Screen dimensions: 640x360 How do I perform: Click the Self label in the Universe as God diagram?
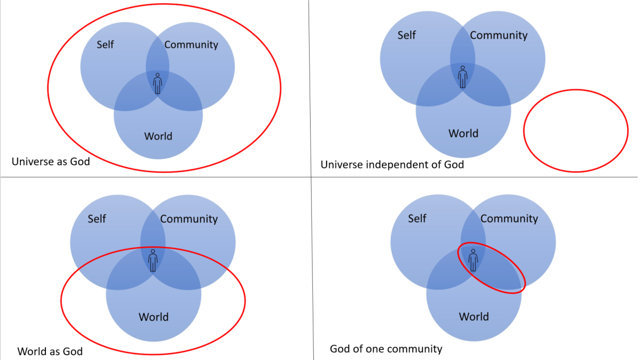point(105,44)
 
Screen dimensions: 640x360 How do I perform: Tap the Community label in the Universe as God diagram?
point(191,44)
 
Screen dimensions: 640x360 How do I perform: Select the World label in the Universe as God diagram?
point(158,136)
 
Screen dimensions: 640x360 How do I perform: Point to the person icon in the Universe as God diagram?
point(157,84)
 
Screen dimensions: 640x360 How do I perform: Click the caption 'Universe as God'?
point(51,161)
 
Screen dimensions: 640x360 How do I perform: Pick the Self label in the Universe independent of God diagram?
point(406,35)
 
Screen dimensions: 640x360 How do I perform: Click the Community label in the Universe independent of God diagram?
point(498,35)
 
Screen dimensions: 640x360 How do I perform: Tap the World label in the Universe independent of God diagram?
point(463,133)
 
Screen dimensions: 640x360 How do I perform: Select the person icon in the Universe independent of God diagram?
point(462,76)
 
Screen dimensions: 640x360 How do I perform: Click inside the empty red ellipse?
point(576,131)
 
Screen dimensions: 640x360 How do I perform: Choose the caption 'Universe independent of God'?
point(392,165)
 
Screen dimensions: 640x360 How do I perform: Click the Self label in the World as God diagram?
point(97,218)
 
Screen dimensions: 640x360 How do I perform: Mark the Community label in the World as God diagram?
point(189,219)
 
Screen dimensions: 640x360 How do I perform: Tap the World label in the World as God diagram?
point(153,317)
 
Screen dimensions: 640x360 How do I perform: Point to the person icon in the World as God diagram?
point(153,260)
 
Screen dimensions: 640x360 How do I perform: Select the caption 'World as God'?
point(50,351)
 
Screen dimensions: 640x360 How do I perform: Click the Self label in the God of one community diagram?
point(417,218)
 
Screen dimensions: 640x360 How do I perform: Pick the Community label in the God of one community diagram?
point(509,219)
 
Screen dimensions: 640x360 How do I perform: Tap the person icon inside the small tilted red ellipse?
point(473,260)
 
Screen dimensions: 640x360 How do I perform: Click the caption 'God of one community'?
point(386,349)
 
